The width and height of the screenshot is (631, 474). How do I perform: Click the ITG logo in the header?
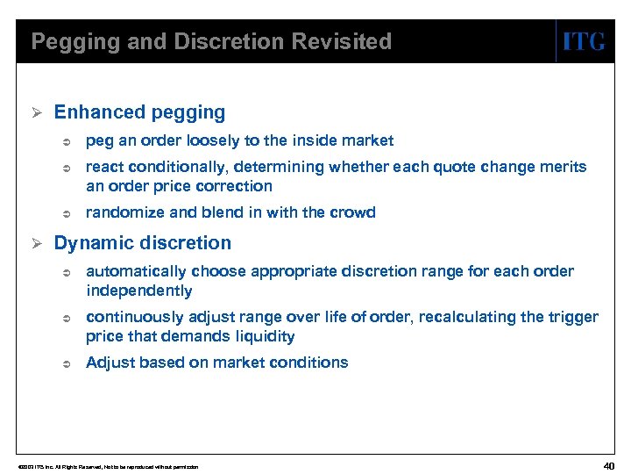point(584,41)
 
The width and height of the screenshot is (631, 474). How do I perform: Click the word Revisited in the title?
point(344,41)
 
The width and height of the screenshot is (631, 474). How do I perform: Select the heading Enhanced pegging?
point(139,112)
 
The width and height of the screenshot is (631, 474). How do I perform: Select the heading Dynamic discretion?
point(143,243)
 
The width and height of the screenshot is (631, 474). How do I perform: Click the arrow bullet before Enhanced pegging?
point(37,113)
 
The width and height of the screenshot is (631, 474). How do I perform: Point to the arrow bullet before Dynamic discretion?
point(37,244)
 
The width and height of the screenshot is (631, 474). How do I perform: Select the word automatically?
point(133,271)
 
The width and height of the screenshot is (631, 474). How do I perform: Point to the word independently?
point(138,291)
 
